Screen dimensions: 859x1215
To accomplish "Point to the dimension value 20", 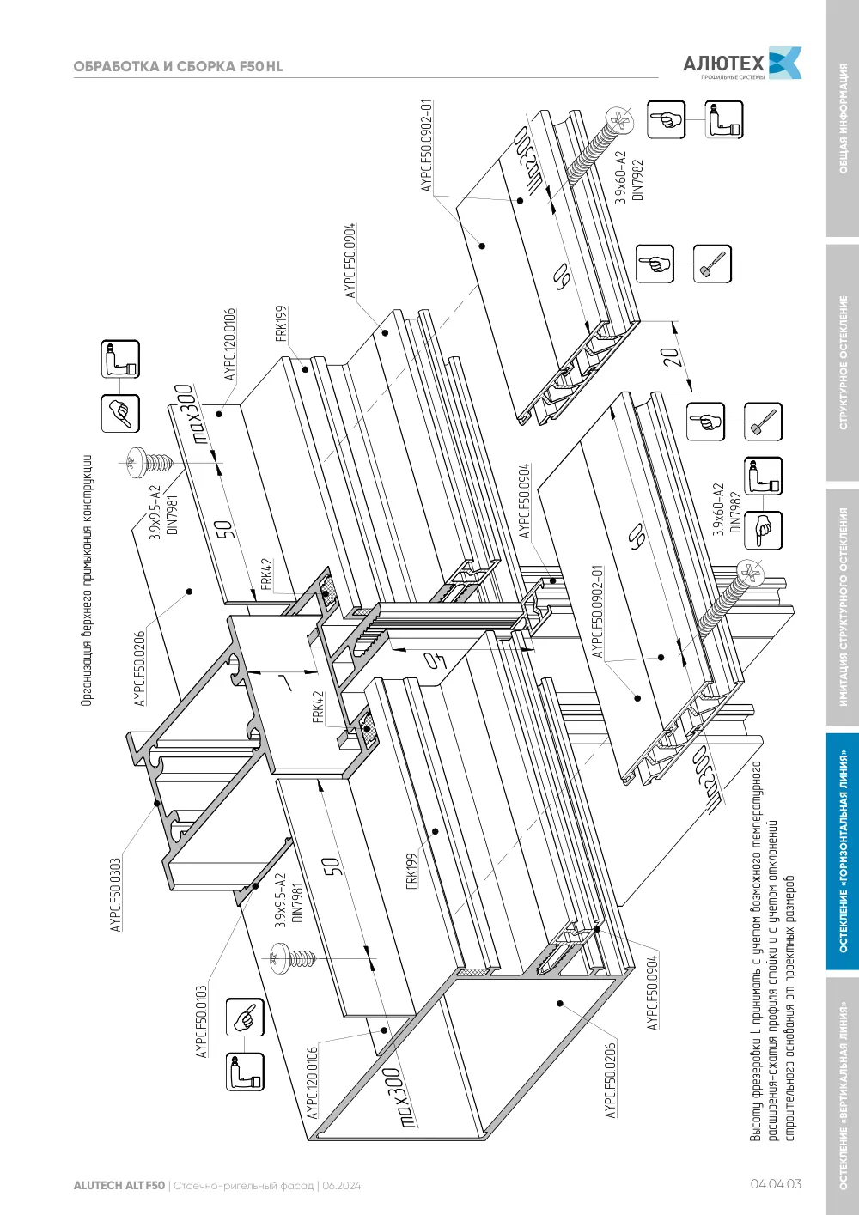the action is coord(672,357).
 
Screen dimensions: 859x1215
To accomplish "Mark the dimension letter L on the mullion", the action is coord(284,683).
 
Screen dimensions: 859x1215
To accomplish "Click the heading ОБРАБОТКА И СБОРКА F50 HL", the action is coord(179,67).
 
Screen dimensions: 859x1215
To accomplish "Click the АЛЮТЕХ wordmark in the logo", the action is coord(723,64).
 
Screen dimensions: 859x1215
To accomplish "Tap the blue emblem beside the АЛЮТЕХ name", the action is coord(784,63).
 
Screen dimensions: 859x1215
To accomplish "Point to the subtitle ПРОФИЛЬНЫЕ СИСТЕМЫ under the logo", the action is coord(733,77).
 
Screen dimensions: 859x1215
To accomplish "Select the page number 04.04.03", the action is coord(776,1184).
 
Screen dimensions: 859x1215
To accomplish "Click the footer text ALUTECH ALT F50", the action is coord(119,1186).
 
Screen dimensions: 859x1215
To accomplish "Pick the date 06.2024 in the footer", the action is coord(341,1186).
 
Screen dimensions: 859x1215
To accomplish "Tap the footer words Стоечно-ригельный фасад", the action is coord(244,1187).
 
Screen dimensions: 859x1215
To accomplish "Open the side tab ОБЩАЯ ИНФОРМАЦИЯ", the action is coord(843,118).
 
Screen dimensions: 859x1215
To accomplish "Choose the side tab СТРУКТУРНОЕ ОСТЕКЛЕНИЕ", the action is coord(843,362).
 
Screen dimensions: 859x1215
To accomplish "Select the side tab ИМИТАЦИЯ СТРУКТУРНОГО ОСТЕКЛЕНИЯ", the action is coord(843,607).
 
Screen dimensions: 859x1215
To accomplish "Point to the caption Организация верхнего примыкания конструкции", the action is coord(87,580).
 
